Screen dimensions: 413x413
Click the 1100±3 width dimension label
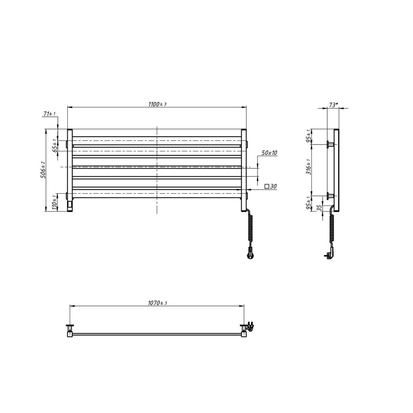coord(157,104)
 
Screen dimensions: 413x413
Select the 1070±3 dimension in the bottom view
coord(157,303)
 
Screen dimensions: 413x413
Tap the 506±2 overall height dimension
coord(43,170)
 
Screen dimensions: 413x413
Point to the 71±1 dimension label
coord(49,114)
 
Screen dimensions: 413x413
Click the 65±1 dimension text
coord(55,146)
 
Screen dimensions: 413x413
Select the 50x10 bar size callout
coord(269,153)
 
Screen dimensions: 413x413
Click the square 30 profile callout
coord(271,187)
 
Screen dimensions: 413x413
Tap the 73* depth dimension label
coord(333,105)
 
